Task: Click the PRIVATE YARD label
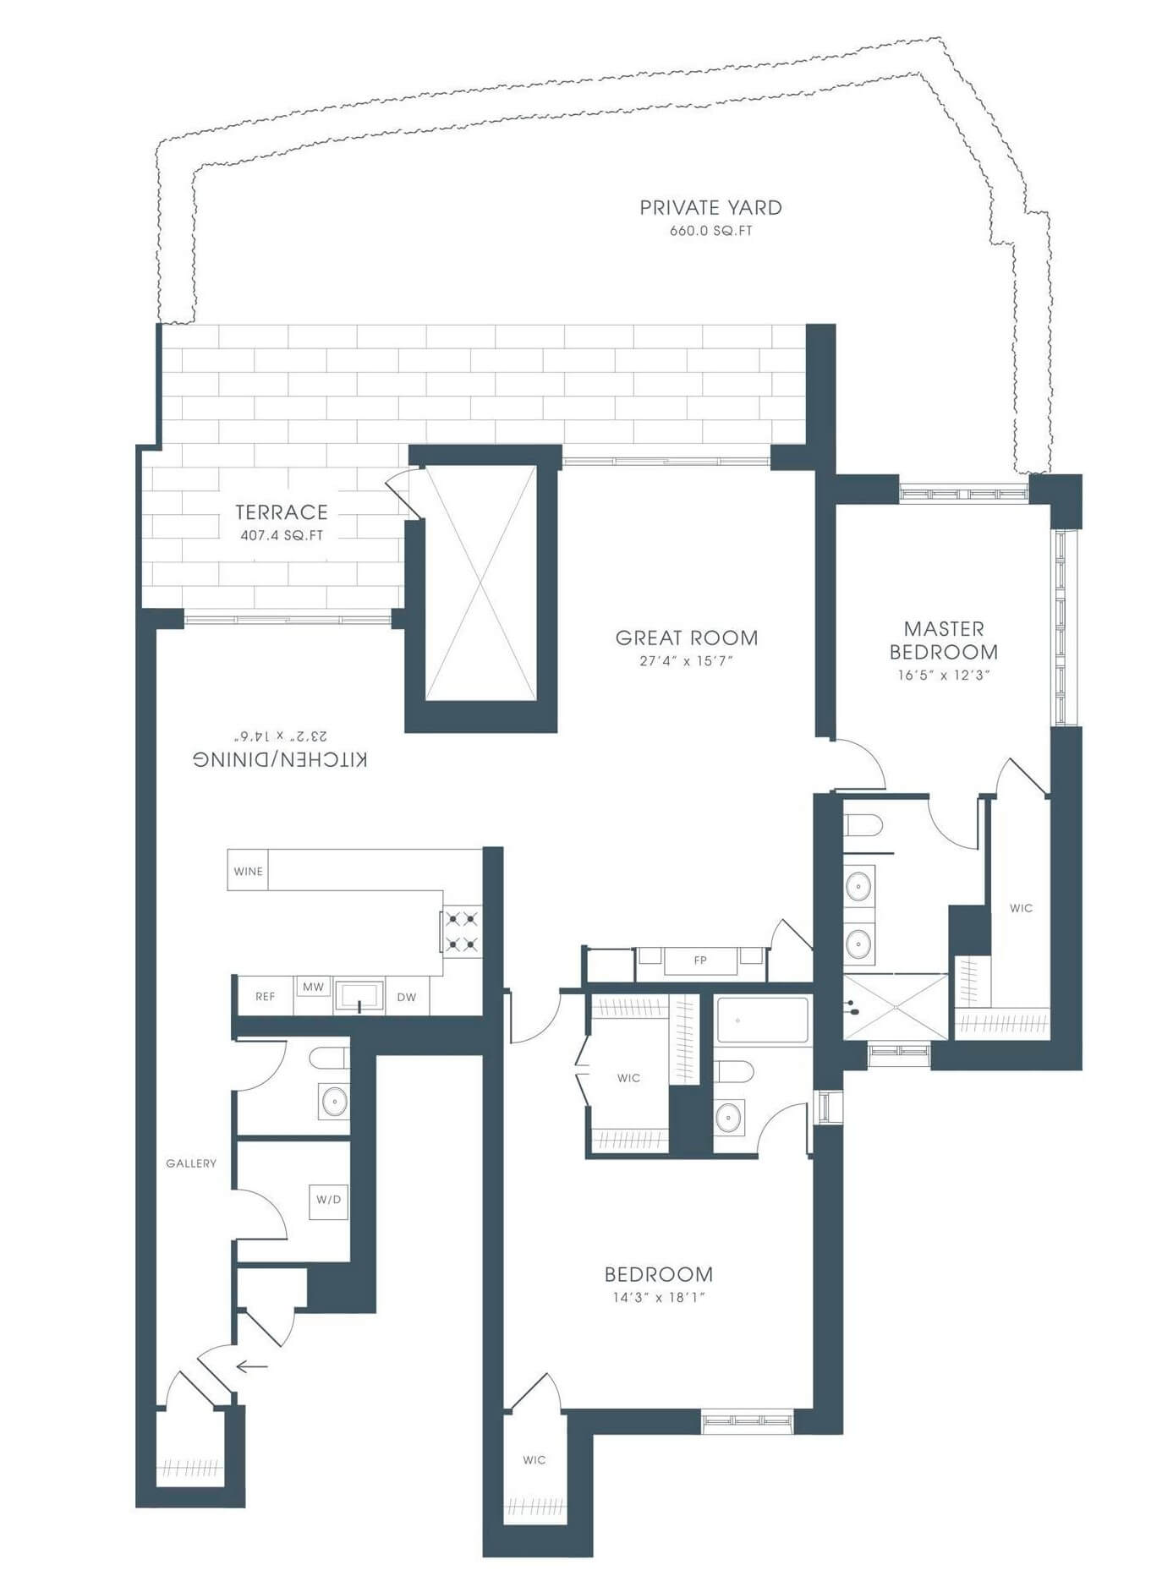pyautogui.click(x=710, y=208)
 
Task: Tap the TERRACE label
pyautogui.click(x=282, y=512)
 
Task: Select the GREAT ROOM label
pyautogui.click(x=687, y=638)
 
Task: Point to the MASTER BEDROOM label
pyautogui.click(x=944, y=641)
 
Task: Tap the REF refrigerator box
pyautogui.click(x=265, y=997)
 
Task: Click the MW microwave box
pyautogui.click(x=313, y=987)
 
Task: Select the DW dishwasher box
pyautogui.click(x=407, y=997)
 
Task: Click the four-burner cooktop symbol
pyautogui.click(x=463, y=931)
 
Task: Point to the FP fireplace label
pyautogui.click(x=700, y=960)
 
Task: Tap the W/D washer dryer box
pyautogui.click(x=328, y=1200)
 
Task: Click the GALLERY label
pyautogui.click(x=191, y=1163)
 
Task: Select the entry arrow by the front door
pyautogui.click(x=252, y=1366)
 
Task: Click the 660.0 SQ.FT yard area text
pyautogui.click(x=710, y=231)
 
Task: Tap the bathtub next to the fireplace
pyautogui.click(x=762, y=1021)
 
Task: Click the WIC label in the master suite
pyautogui.click(x=1021, y=908)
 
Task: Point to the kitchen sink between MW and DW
pyautogui.click(x=359, y=997)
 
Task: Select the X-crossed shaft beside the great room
pyautogui.click(x=480, y=583)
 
